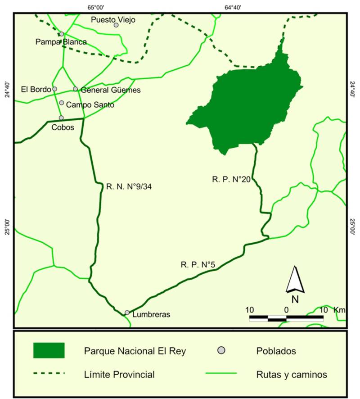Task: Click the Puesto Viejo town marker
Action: [x=116, y=25]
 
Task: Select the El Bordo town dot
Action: [x=55, y=89]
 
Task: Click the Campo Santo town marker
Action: [x=62, y=103]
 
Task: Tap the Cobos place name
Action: [x=63, y=127]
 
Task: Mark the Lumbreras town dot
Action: [x=127, y=312]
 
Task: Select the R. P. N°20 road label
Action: [x=231, y=179]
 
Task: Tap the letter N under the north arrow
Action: [x=295, y=299]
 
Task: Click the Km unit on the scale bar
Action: [x=339, y=310]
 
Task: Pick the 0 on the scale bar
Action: [x=286, y=310]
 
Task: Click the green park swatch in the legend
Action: [x=49, y=350]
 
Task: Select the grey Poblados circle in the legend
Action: [x=220, y=350]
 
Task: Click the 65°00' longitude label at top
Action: [x=96, y=7]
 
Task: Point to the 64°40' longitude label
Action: [x=233, y=7]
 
